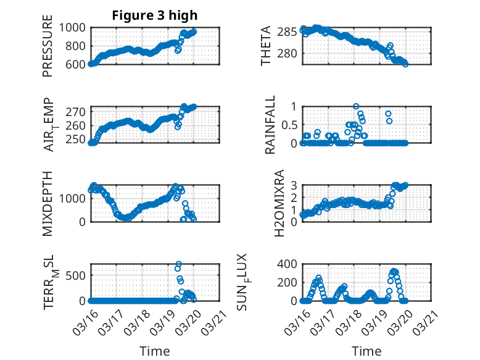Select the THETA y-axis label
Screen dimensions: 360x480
[266, 46]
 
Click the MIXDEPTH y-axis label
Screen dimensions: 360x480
[48, 204]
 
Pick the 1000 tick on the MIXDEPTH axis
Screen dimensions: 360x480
[75, 198]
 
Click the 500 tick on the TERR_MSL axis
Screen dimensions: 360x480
[79, 275]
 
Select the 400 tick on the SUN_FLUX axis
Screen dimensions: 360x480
[290, 264]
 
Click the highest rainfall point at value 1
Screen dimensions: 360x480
[356, 106]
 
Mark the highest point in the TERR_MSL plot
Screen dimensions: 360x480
[178, 264]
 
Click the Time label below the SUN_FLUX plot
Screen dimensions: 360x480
[366, 351]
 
